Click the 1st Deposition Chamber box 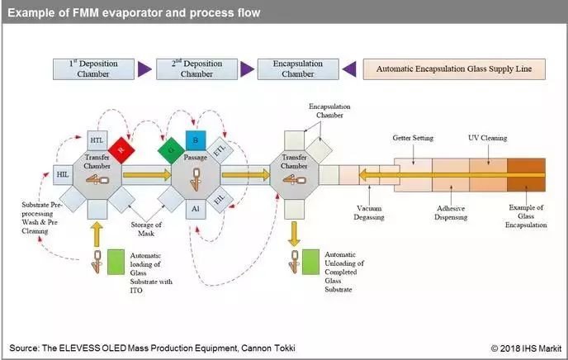click(x=87, y=68)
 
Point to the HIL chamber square click(x=63, y=174)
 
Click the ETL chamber click(x=219, y=151)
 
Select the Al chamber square click(x=194, y=208)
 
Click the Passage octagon click(x=194, y=174)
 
